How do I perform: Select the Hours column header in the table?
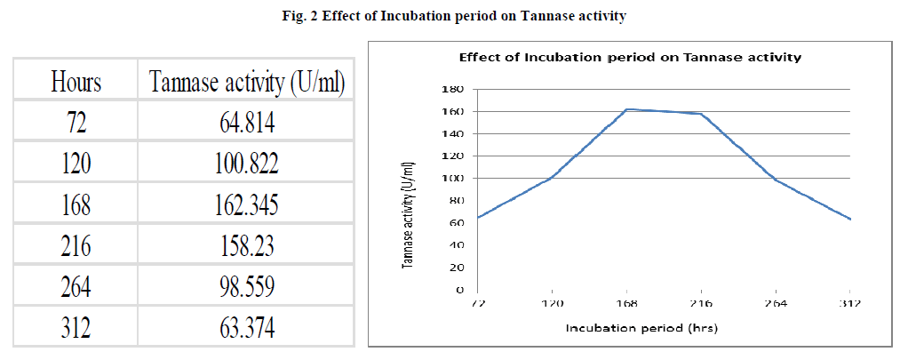pos(76,83)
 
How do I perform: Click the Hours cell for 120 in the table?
pos(76,164)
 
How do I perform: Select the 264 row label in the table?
pos(76,287)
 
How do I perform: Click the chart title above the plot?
pos(629,58)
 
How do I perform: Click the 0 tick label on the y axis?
pos(460,290)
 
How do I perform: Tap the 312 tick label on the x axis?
pos(851,302)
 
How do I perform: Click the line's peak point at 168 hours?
pos(627,109)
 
